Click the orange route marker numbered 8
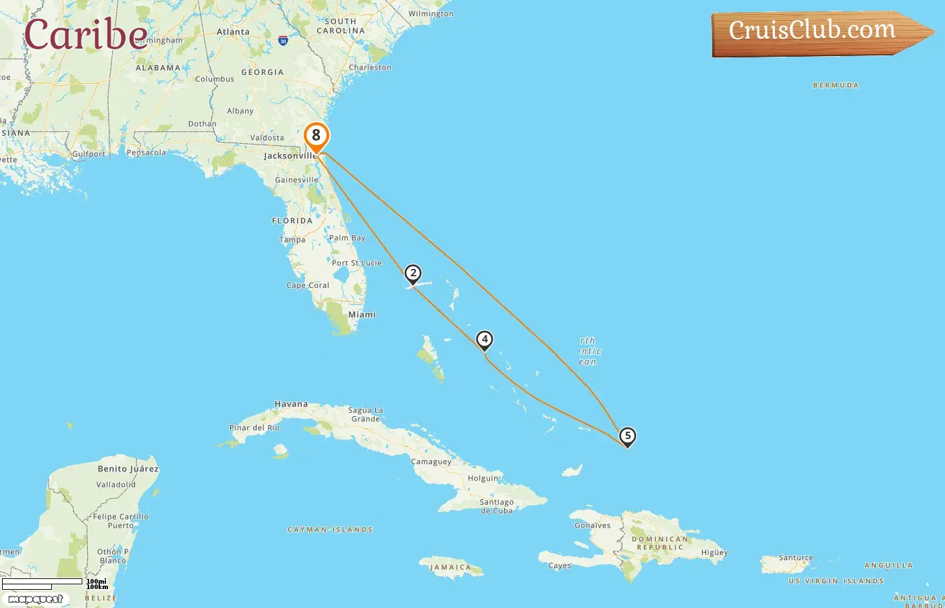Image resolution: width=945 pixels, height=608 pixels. (316, 136)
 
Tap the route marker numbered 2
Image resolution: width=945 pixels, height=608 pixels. (413, 274)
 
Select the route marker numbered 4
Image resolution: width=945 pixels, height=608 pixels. (484, 339)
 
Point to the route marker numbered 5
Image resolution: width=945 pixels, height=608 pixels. (627, 436)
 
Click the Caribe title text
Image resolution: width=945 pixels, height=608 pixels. (86, 35)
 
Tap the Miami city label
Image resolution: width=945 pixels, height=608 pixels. (362, 315)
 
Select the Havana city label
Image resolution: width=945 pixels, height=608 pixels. (291, 404)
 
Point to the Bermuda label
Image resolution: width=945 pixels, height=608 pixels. (836, 86)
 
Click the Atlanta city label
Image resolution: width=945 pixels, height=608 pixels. (233, 32)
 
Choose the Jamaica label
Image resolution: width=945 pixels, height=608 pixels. (450, 567)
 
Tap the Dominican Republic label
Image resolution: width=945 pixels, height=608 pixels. (660, 543)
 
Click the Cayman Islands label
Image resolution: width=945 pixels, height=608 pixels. (330, 530)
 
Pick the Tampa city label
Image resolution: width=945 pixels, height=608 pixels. (292, 240)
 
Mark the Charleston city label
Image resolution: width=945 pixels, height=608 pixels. (370, 68)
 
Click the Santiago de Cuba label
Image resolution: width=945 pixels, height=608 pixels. (497, 507)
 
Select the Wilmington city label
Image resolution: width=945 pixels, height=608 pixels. (431, 14)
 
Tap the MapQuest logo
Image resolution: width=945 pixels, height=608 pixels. (36, 599)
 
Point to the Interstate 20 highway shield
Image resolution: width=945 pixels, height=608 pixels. (283, 41)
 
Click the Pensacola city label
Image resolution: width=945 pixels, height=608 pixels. (146, 153)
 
